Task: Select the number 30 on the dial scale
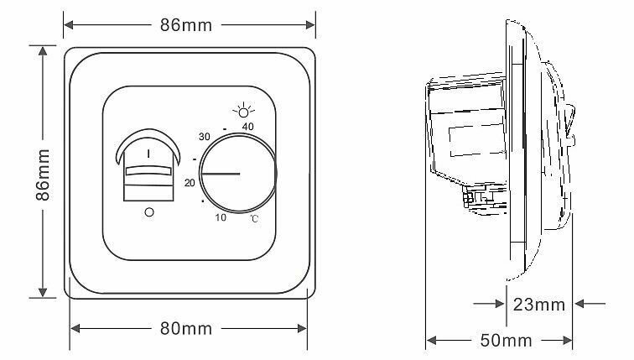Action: pos(204,136)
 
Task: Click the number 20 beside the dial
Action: pos(190,182)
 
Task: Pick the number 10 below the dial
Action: pos(221,218)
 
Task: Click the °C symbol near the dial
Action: pos(252,218)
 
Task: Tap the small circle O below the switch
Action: pos(149,213)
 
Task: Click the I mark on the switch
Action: pos(148,154)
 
